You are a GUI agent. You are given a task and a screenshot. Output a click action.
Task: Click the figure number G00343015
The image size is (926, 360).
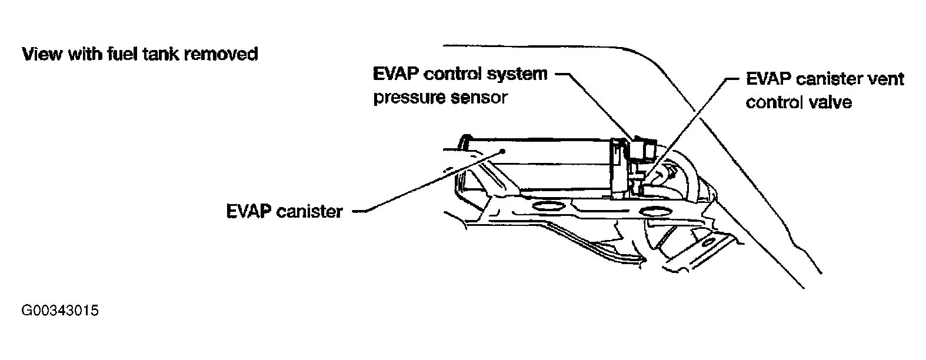(59, 311)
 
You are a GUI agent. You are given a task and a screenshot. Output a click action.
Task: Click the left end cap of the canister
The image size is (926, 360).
(465, 141)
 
